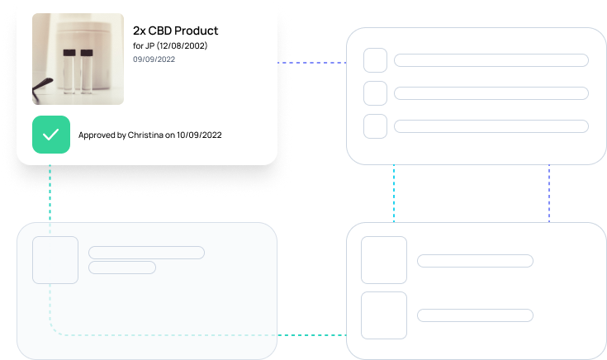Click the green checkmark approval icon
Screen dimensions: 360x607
(x=50, y=135)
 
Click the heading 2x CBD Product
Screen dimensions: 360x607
(x=175, y=31)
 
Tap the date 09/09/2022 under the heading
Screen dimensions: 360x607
(x=154, y=59)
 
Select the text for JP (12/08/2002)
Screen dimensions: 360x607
(x=170, y=45)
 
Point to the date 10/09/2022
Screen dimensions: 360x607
(x=199, y=135)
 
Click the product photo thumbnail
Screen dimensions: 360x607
(x=78, y=59)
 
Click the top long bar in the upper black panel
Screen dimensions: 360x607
(x=491, y=60)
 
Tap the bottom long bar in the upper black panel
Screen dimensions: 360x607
(x=491, y=126)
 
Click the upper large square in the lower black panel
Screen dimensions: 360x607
(x=384, y=261)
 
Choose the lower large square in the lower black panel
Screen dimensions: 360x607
(x=384, y=315)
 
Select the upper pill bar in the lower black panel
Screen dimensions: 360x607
(x=475, y=261)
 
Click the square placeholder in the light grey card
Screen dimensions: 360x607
(x=55, y=260)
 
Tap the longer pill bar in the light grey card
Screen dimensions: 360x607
(x=146, y=253)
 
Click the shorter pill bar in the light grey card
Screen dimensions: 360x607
(x=122, y=268)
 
